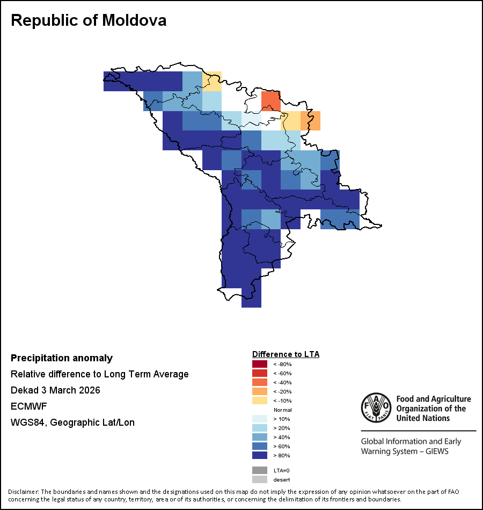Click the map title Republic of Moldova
[x=89, y=20]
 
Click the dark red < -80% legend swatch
[x=259, y=365]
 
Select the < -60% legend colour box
[x=259, y=374]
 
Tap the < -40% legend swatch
[x=259, y=383]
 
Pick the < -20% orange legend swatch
[x=259, y=392]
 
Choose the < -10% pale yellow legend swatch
[x=259, y=401]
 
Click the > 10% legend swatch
[x=259, y=419]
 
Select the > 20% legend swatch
[x=259, y=428]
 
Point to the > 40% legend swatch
[x=259, y=438]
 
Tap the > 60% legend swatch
[x=259, y=447]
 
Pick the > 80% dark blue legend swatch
[x=259, y=456]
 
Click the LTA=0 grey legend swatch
[x=259, y=470]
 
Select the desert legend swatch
[x=259, y=479]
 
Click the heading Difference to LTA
[x=286, y=354]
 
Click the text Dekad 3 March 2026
[x=55, y=390]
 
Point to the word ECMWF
[x=27, y=406]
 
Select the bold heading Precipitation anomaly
[x=62, y=358]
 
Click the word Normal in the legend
[x=283, y=410]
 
